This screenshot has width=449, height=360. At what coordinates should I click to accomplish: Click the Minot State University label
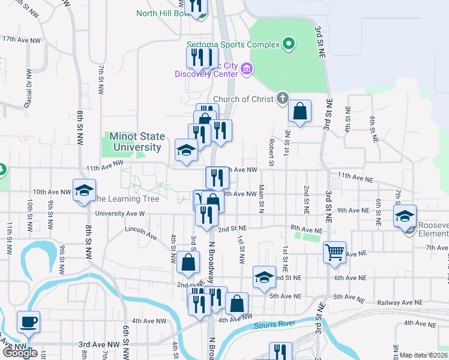pyautogui.click(x=135, y=142)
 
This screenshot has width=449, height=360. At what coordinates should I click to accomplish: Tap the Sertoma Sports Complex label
pyautogui.click(x=234, y=44)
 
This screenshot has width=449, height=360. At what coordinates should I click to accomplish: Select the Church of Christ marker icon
pyautogui.click(x=283, y=98)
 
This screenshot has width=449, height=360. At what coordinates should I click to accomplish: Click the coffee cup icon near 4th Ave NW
pyautogui.click(x=28, y=322)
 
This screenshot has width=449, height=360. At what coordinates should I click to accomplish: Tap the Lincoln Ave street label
pyautogui.click(x=140, y=229)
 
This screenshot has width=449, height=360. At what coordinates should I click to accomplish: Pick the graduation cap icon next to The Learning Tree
pyautogui.click(x=84, y=190)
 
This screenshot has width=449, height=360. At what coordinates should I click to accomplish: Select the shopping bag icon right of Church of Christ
pyautogui.click(x=300, y=111)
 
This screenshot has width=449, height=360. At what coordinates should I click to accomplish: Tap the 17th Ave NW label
pyautogui.click(x=21, y=39)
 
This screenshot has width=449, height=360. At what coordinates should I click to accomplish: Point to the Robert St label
pyautogui.click(x=271, y=152)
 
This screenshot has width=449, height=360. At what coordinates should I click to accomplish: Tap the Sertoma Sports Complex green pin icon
pyautogui.click(x=289, y=43)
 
